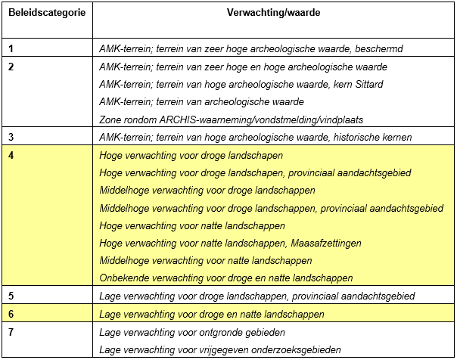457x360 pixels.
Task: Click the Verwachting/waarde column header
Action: point(272,14)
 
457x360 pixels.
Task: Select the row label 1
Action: point(11,48)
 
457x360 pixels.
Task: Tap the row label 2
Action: point(11,67)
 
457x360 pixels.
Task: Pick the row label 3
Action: point(11,137)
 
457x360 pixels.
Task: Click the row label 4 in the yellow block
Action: point(11,155)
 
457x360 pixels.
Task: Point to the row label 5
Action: point(11,295)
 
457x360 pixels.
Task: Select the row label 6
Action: point(11,314)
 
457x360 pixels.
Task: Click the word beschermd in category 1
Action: point(380,49)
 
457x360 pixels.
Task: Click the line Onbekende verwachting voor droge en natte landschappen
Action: point(226,278)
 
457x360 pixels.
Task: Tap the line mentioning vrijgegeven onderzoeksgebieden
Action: point(219,349)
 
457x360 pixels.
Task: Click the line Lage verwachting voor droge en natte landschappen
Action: point(212,314)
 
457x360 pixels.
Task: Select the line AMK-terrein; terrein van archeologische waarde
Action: point(201,101)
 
